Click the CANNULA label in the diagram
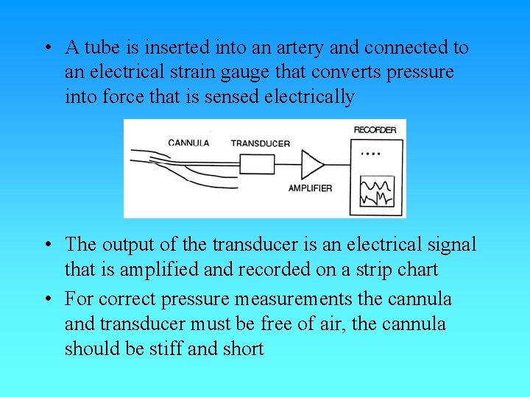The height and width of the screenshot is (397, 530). click(x=189, y=143)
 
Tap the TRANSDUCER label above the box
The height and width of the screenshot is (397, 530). click(x=261, y=143)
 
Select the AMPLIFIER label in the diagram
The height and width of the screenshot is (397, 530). click(x=310, y=188)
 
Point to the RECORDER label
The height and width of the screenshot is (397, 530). click(x=375, y=130)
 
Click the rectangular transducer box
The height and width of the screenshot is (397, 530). click(x=257, y=163)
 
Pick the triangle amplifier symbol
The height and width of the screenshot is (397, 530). click(x=312, y=163)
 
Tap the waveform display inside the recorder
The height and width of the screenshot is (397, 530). click(x=376, y=191)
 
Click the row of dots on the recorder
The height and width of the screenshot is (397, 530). click(x=372, y=154)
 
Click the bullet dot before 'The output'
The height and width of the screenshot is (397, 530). click(x=47, y=245)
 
